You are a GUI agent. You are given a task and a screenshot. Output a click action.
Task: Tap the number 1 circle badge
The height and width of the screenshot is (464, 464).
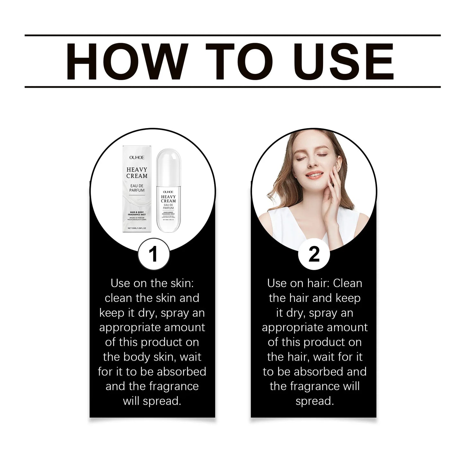[x=153, y=254]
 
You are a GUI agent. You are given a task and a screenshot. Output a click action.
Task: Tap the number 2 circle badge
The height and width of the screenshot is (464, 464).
[x=314, y=254]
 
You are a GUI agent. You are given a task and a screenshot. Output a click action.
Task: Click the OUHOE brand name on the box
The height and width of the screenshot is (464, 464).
[x=137, y=157]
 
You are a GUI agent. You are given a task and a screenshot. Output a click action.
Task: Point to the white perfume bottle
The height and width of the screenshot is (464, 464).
[x=168, y=193]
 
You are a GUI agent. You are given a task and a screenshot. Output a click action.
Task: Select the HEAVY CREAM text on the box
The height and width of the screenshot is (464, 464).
[x=137, y=173]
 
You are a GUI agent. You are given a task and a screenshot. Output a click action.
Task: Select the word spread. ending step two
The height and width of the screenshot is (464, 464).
[x=314, y=401]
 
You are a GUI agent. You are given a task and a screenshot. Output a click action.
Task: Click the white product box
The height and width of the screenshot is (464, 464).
[x=137, y=189]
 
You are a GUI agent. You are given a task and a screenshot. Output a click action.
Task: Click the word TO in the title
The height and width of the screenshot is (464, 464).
[x=239, y=61]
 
